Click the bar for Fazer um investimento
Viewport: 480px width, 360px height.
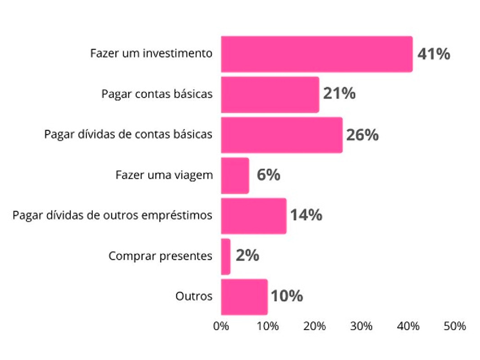316,54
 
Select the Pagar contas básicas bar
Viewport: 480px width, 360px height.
270,95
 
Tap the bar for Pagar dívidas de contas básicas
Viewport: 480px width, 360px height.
282,135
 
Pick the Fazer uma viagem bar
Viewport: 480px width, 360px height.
235,176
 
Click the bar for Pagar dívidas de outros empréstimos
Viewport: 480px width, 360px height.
254,216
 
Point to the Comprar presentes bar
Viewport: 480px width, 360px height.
226,256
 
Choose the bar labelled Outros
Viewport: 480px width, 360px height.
244,297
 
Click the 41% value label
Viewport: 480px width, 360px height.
434,54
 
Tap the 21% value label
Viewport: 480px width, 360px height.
339,94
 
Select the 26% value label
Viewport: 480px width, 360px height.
362,135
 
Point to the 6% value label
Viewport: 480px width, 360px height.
268,175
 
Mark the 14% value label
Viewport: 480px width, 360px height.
306,215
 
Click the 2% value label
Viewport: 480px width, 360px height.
247,256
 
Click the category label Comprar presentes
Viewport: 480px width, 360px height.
160,256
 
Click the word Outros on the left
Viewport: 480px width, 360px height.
194,297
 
